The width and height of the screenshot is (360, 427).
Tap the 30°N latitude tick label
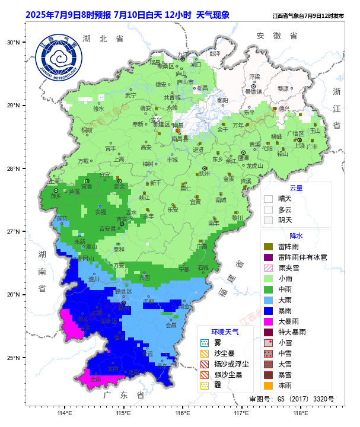(14, 42)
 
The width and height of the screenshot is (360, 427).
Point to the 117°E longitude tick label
(241, 413)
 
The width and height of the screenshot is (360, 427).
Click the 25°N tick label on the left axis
(14, 358)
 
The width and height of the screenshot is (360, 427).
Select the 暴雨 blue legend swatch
(268, 310)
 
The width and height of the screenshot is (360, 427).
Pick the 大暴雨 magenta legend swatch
(268, 321)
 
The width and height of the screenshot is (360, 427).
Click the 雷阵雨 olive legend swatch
(268, 246)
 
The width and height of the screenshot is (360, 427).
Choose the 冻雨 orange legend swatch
(268, 385)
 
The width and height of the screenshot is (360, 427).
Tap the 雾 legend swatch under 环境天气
(205, 343)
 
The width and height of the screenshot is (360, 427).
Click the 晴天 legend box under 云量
(268, 199)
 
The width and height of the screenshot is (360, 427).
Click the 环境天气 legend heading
(225, 332)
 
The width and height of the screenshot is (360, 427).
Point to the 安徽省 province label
(276, 36)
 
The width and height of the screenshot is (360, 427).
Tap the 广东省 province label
(123, 395)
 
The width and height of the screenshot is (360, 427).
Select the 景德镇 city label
(253, 91)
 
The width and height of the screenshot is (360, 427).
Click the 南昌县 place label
(180, 138)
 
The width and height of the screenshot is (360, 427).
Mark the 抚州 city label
(204, 174)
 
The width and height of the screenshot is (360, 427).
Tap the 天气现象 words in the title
(212, 15)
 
